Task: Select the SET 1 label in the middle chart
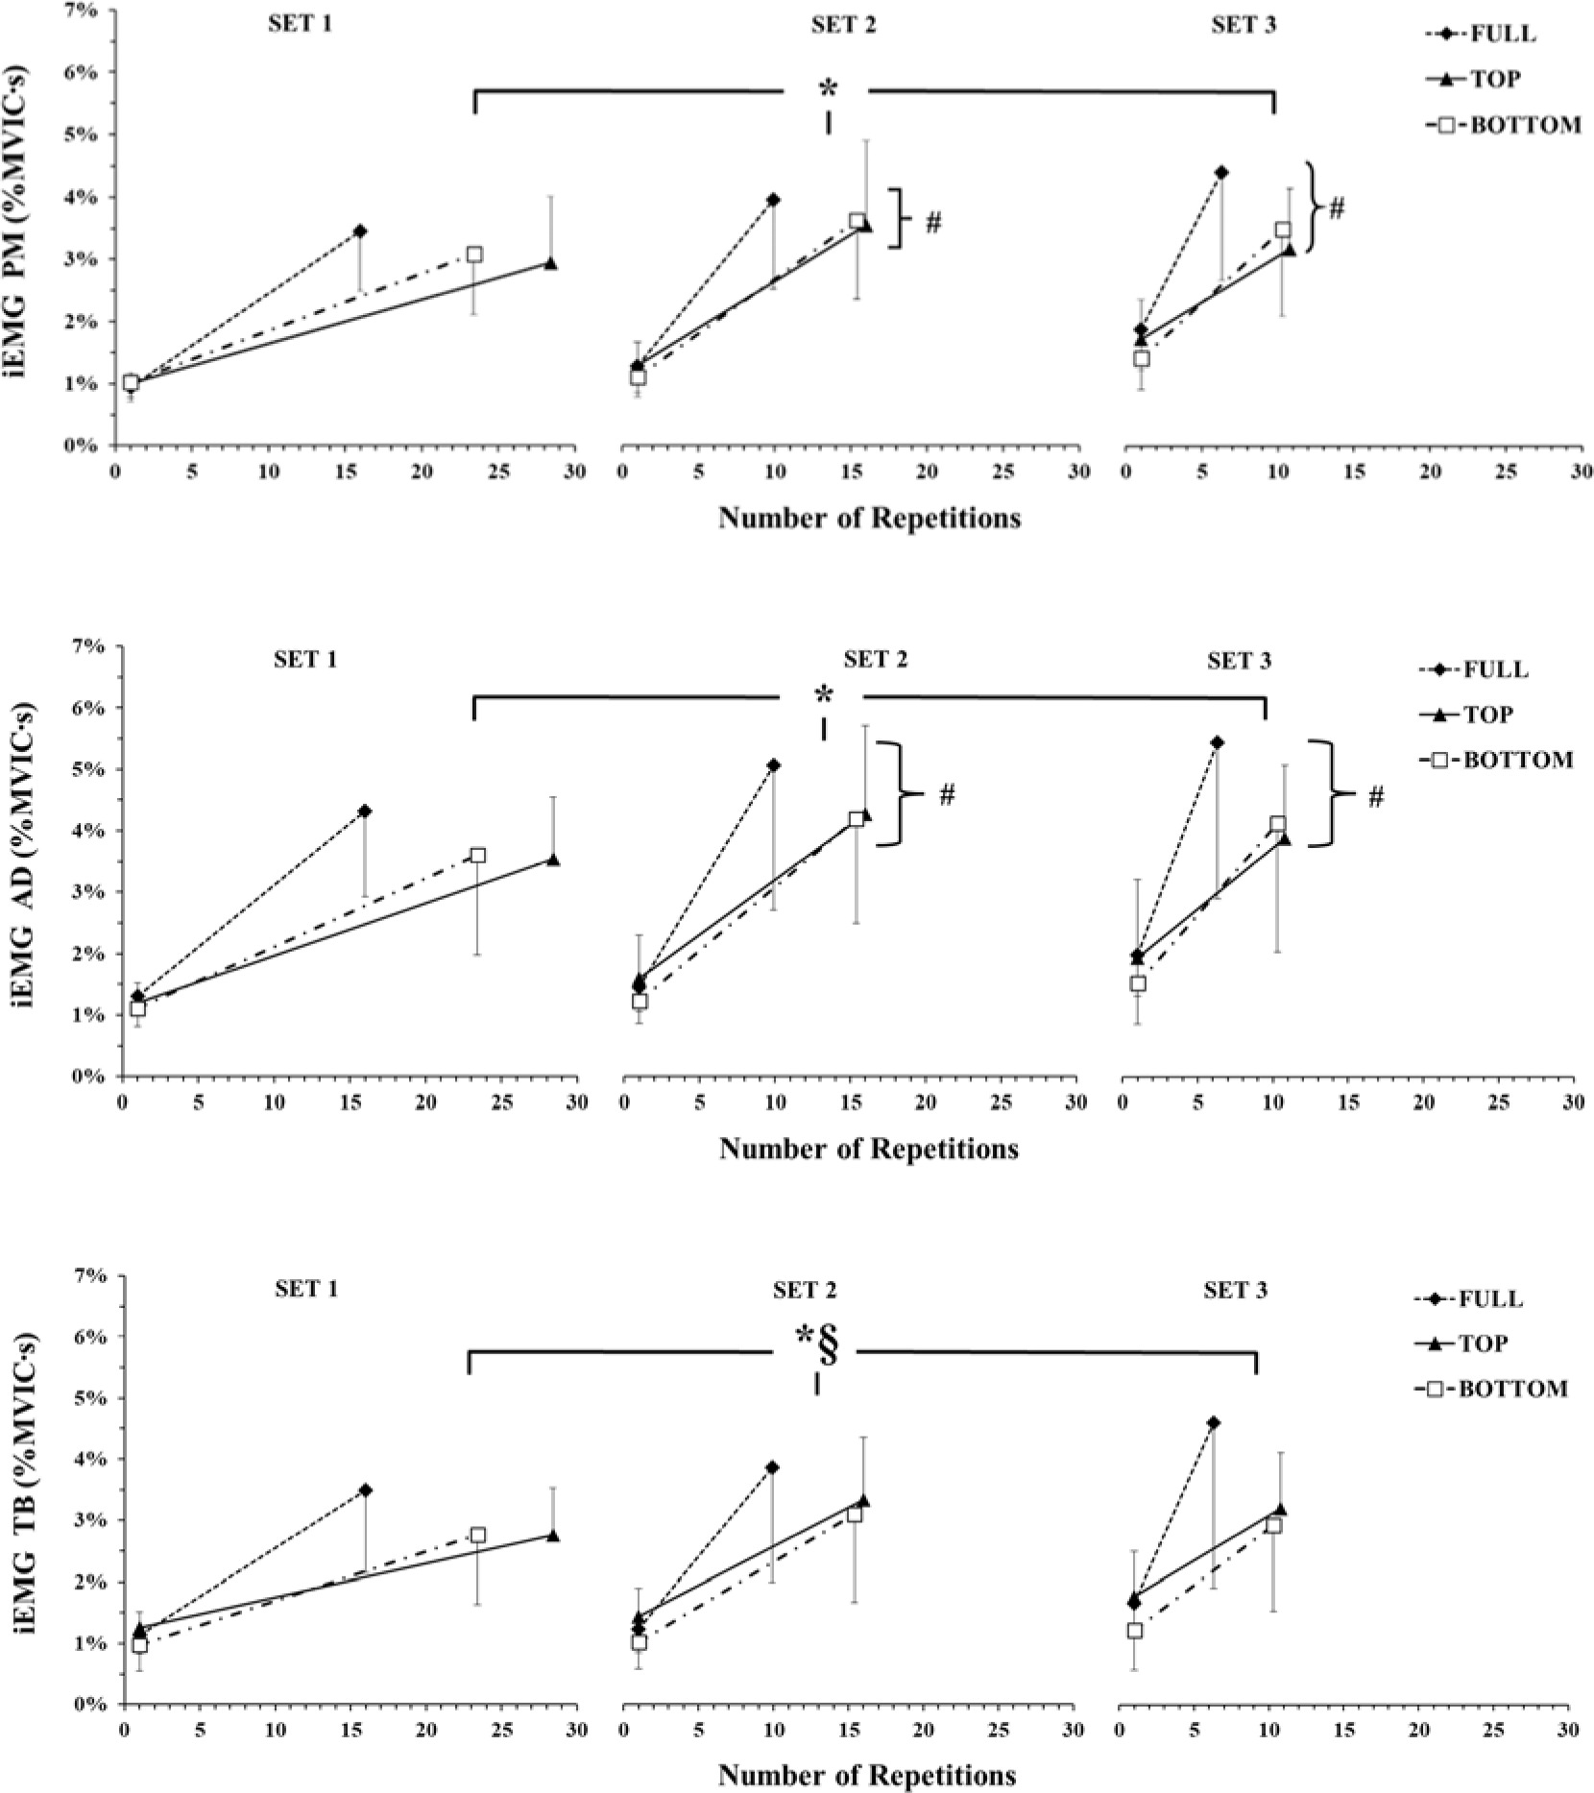click(306, 660)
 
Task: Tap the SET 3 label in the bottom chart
click(1235, 1291)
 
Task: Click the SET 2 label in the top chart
click(843, 26)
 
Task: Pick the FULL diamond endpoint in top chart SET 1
click(360, 231)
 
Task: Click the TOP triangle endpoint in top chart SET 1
click(550, 263)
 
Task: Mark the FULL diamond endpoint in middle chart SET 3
click(1217, 742)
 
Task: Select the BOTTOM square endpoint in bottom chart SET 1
click(477, 1536)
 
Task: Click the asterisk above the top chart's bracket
click(828, 88)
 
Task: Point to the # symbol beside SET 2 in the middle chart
click(947, 795)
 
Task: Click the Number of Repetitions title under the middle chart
click(869, 1148)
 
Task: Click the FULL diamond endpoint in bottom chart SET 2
click(772, 1467)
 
